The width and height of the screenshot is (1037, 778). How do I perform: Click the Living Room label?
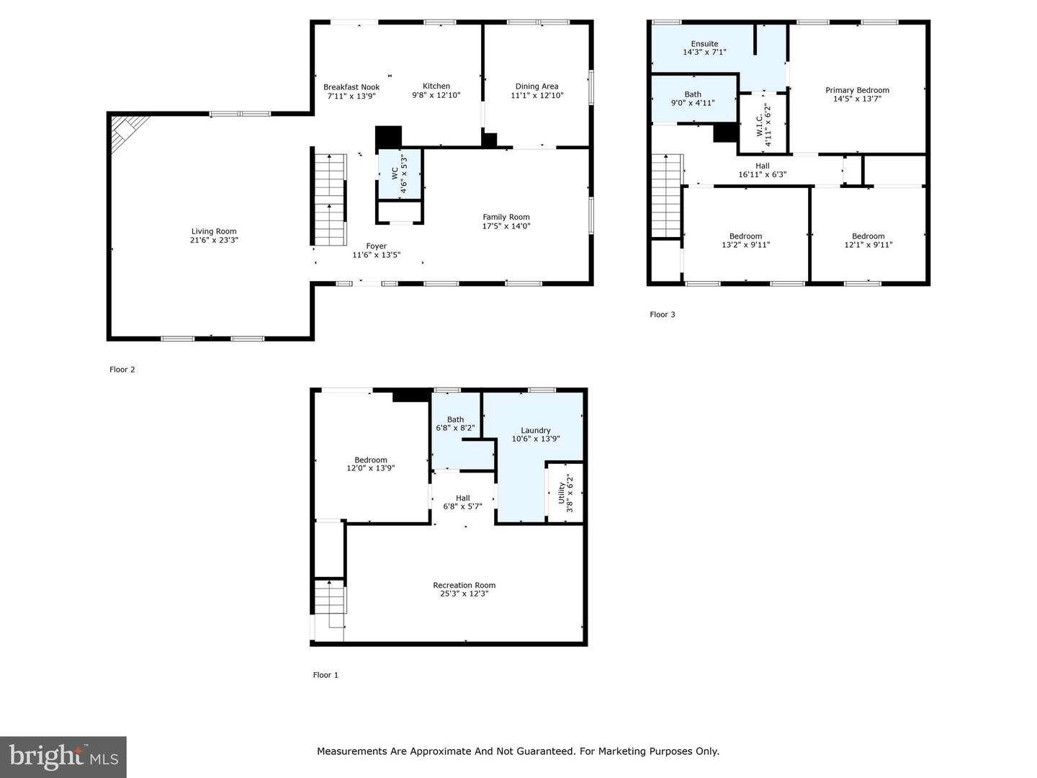coord(214,231)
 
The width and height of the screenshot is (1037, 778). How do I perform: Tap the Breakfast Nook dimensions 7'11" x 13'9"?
coord(351,96)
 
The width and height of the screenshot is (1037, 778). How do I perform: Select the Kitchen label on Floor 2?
coord(436,86)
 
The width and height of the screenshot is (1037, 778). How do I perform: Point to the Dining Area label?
coord(537,86)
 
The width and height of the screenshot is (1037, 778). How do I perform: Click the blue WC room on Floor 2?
coord(399,174)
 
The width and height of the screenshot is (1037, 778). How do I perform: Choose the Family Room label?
coord(506,217)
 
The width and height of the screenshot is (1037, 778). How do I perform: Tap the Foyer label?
coord(377,246)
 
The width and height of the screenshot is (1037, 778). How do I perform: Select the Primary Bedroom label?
coord(857,90)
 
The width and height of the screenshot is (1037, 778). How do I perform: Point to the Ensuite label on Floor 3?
coord(704,43)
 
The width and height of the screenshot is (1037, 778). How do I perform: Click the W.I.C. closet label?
coord(759,125)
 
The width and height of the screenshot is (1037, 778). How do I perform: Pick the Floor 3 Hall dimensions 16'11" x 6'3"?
coord(762,174)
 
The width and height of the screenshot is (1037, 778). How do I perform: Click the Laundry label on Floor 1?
coord(535,430)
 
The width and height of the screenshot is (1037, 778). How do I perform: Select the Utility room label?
coord(562,493)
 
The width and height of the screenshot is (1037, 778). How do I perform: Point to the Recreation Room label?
coord(464,585)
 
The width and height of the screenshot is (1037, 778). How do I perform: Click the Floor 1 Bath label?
coord(455,419)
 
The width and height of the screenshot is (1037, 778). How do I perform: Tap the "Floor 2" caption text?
coord(122,370)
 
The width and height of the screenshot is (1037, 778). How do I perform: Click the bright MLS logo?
coord(63,757)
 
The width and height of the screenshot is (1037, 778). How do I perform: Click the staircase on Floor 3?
coord(666,195)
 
